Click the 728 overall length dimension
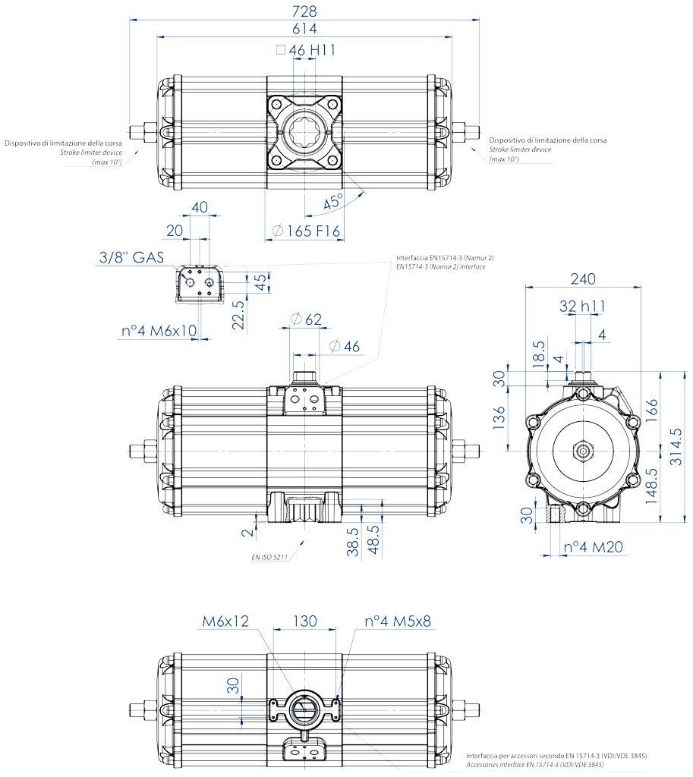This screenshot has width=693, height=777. click(304, 11)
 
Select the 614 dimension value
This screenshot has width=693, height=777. click(304, 29)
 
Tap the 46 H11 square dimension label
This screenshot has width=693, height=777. click(306, 50)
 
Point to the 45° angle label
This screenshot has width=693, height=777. click(333, 202)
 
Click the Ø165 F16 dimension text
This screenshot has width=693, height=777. click(306, 231)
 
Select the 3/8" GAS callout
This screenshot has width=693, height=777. click(131, 257)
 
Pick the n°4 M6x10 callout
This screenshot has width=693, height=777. click(159, 331)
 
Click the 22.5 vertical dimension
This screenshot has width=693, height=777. click(238, 315)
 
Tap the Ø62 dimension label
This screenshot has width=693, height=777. click(306, 319)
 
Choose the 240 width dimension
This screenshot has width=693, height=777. click(583, 279)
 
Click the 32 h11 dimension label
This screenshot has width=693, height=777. click(582, 307)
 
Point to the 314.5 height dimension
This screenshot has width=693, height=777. click(676, 447)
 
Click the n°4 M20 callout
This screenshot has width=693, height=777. click(594, 547)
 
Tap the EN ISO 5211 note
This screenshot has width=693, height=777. click(269, 557)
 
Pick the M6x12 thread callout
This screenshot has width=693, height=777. click(225, 621)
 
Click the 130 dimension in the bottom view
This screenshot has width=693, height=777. click(305, 621)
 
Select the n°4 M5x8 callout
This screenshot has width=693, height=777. click(398, 621)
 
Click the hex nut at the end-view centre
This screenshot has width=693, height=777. click(583, 451)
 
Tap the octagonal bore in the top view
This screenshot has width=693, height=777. click(304, 132)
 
